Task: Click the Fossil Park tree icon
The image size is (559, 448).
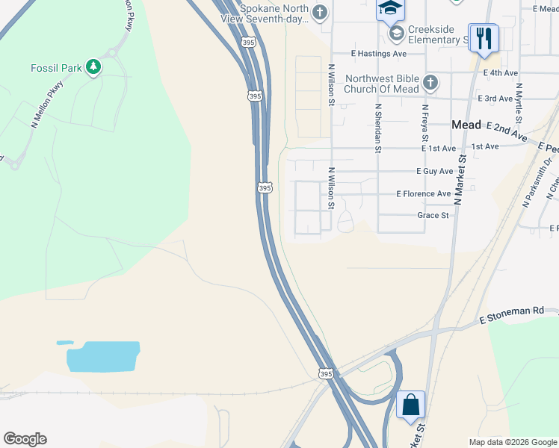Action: point(93,68)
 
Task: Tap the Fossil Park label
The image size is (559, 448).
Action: point(56,68)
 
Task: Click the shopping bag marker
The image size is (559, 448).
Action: point(410,405)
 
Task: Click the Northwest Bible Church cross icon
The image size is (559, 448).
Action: point(430,83)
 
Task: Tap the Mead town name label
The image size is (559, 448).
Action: point(466,125)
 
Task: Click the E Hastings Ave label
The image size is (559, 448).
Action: point(379,54)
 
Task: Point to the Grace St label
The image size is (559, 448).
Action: point(433,215)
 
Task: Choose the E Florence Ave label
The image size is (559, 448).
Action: point(424,193)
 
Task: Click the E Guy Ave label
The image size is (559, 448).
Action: point(435,171)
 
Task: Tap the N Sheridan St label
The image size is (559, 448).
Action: point(377,128)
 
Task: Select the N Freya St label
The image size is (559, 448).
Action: point(424,122)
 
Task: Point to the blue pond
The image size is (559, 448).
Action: point(103,356)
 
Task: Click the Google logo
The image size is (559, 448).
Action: point(25,439)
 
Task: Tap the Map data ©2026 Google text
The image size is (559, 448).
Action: point(512,442)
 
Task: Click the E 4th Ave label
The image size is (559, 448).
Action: point(501,72)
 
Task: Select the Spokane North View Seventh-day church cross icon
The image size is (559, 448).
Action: point(320,12)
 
